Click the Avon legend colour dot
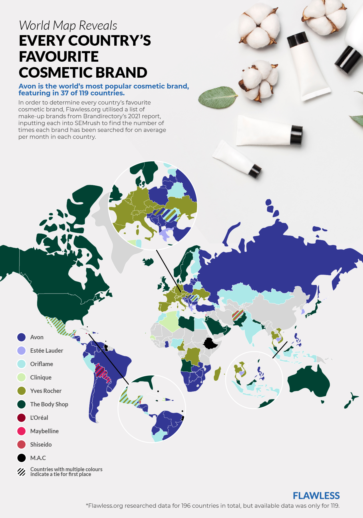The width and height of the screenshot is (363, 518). point(22,337)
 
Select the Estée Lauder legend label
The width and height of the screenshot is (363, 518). point(47,351)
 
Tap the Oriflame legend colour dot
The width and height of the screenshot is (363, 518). point(22,364)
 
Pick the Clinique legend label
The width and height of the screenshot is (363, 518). point(41,378)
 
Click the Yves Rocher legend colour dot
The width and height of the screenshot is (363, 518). point(22,391)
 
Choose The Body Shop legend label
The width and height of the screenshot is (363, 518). point(49,404)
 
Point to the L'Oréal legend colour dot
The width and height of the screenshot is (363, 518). point(22,418)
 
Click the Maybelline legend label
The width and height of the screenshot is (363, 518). point(44,431)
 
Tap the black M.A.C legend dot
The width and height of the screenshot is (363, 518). point(22,458)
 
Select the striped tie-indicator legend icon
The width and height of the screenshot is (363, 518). point(22,472)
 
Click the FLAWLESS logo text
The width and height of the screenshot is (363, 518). point(316,496)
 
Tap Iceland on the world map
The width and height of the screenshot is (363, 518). point(148,262)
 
